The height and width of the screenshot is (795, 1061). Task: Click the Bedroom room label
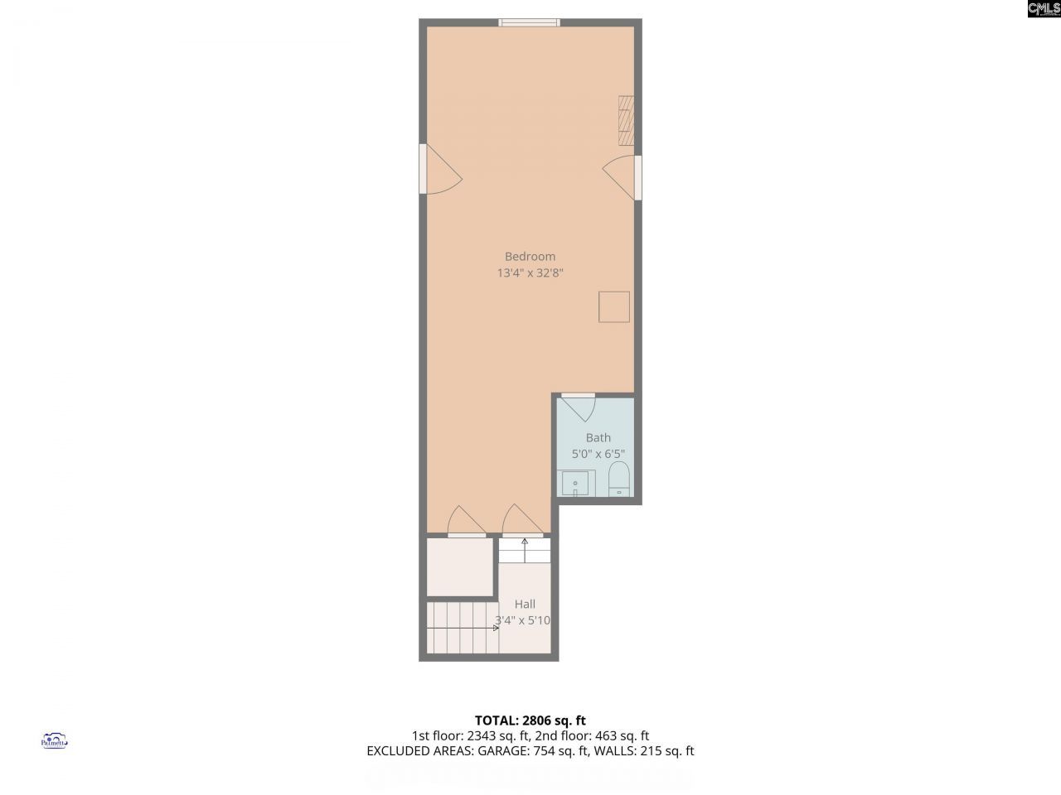click(530, 257)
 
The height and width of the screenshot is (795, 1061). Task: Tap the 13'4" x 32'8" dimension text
click(530, 272)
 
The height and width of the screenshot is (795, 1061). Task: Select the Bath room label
click(598, 438)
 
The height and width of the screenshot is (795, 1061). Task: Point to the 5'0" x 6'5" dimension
click(598, 454)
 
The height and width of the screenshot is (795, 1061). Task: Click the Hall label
click(524, 605)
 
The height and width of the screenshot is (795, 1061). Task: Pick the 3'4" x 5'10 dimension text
click(523, 620)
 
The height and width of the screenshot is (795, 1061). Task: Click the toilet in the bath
click(619, 479)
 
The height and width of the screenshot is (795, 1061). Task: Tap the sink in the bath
click(575, 483)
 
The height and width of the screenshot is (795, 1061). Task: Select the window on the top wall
click(529, 22)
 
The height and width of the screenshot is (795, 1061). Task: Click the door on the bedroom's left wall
click(439, 171)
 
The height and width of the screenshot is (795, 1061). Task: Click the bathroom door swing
click(577, 409)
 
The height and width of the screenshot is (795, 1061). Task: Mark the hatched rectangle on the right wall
click(626, 121)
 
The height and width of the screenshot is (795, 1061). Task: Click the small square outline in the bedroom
click(614, 306)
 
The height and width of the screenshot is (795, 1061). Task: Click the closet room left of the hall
click(461, 566)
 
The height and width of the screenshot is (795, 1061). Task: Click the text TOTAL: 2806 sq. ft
click(530, 720)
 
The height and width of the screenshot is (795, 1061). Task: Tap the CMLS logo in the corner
click(1044, 9)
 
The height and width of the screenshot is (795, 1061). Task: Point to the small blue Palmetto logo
click(54, 740)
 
